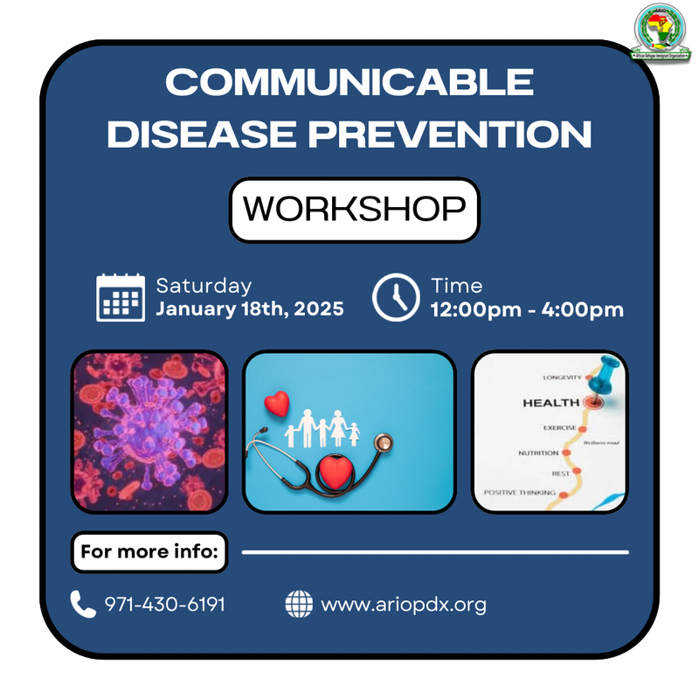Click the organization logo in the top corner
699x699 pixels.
click(x=663, y=34)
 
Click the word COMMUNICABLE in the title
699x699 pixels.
click(x=349, y=84)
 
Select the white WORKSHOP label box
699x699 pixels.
click(x=354, y=210)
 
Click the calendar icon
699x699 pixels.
click(x=121, y=297)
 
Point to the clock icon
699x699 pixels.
click(x=396, y=297)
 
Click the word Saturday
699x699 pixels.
click(x=204, y=286)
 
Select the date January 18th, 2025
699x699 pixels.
click(x=249, y=309)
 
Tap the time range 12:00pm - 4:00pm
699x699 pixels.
click(x=526, y=309)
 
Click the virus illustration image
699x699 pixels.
click(x=149, y=431)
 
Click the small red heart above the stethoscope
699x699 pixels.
click(x=277, y=404)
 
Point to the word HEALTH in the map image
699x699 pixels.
click(x=550, y=403)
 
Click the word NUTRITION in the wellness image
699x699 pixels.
click(x=538, y=453)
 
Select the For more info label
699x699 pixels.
click(x=149, y=552)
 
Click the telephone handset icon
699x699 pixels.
click(x=83, y=604)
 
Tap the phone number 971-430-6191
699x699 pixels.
click(x=165, y=604)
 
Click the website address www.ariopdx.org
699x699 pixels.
click(x=404, y=604)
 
